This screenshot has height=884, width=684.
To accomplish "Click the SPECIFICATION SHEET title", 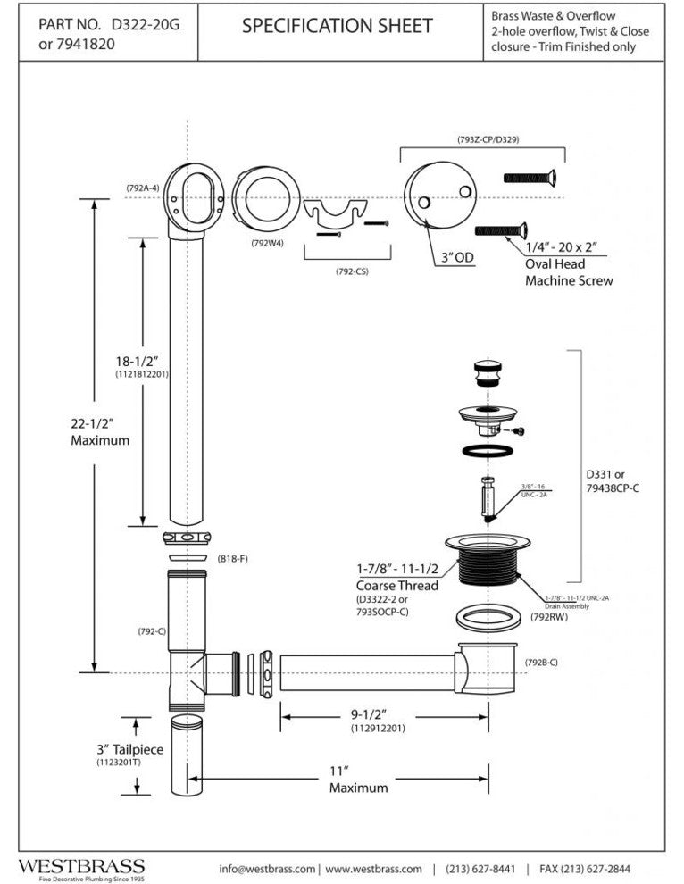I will click(x=337, y=27).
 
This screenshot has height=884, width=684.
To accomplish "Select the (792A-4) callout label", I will click(x=142, y=188).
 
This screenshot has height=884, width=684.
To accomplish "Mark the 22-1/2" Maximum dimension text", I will click(x=100, y=432).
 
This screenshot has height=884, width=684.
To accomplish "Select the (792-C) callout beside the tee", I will click(x=152, y=631).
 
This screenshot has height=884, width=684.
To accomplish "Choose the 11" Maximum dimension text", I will click(x=358, y=779).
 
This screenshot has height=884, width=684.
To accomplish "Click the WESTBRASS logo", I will click(x=81, y=865).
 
